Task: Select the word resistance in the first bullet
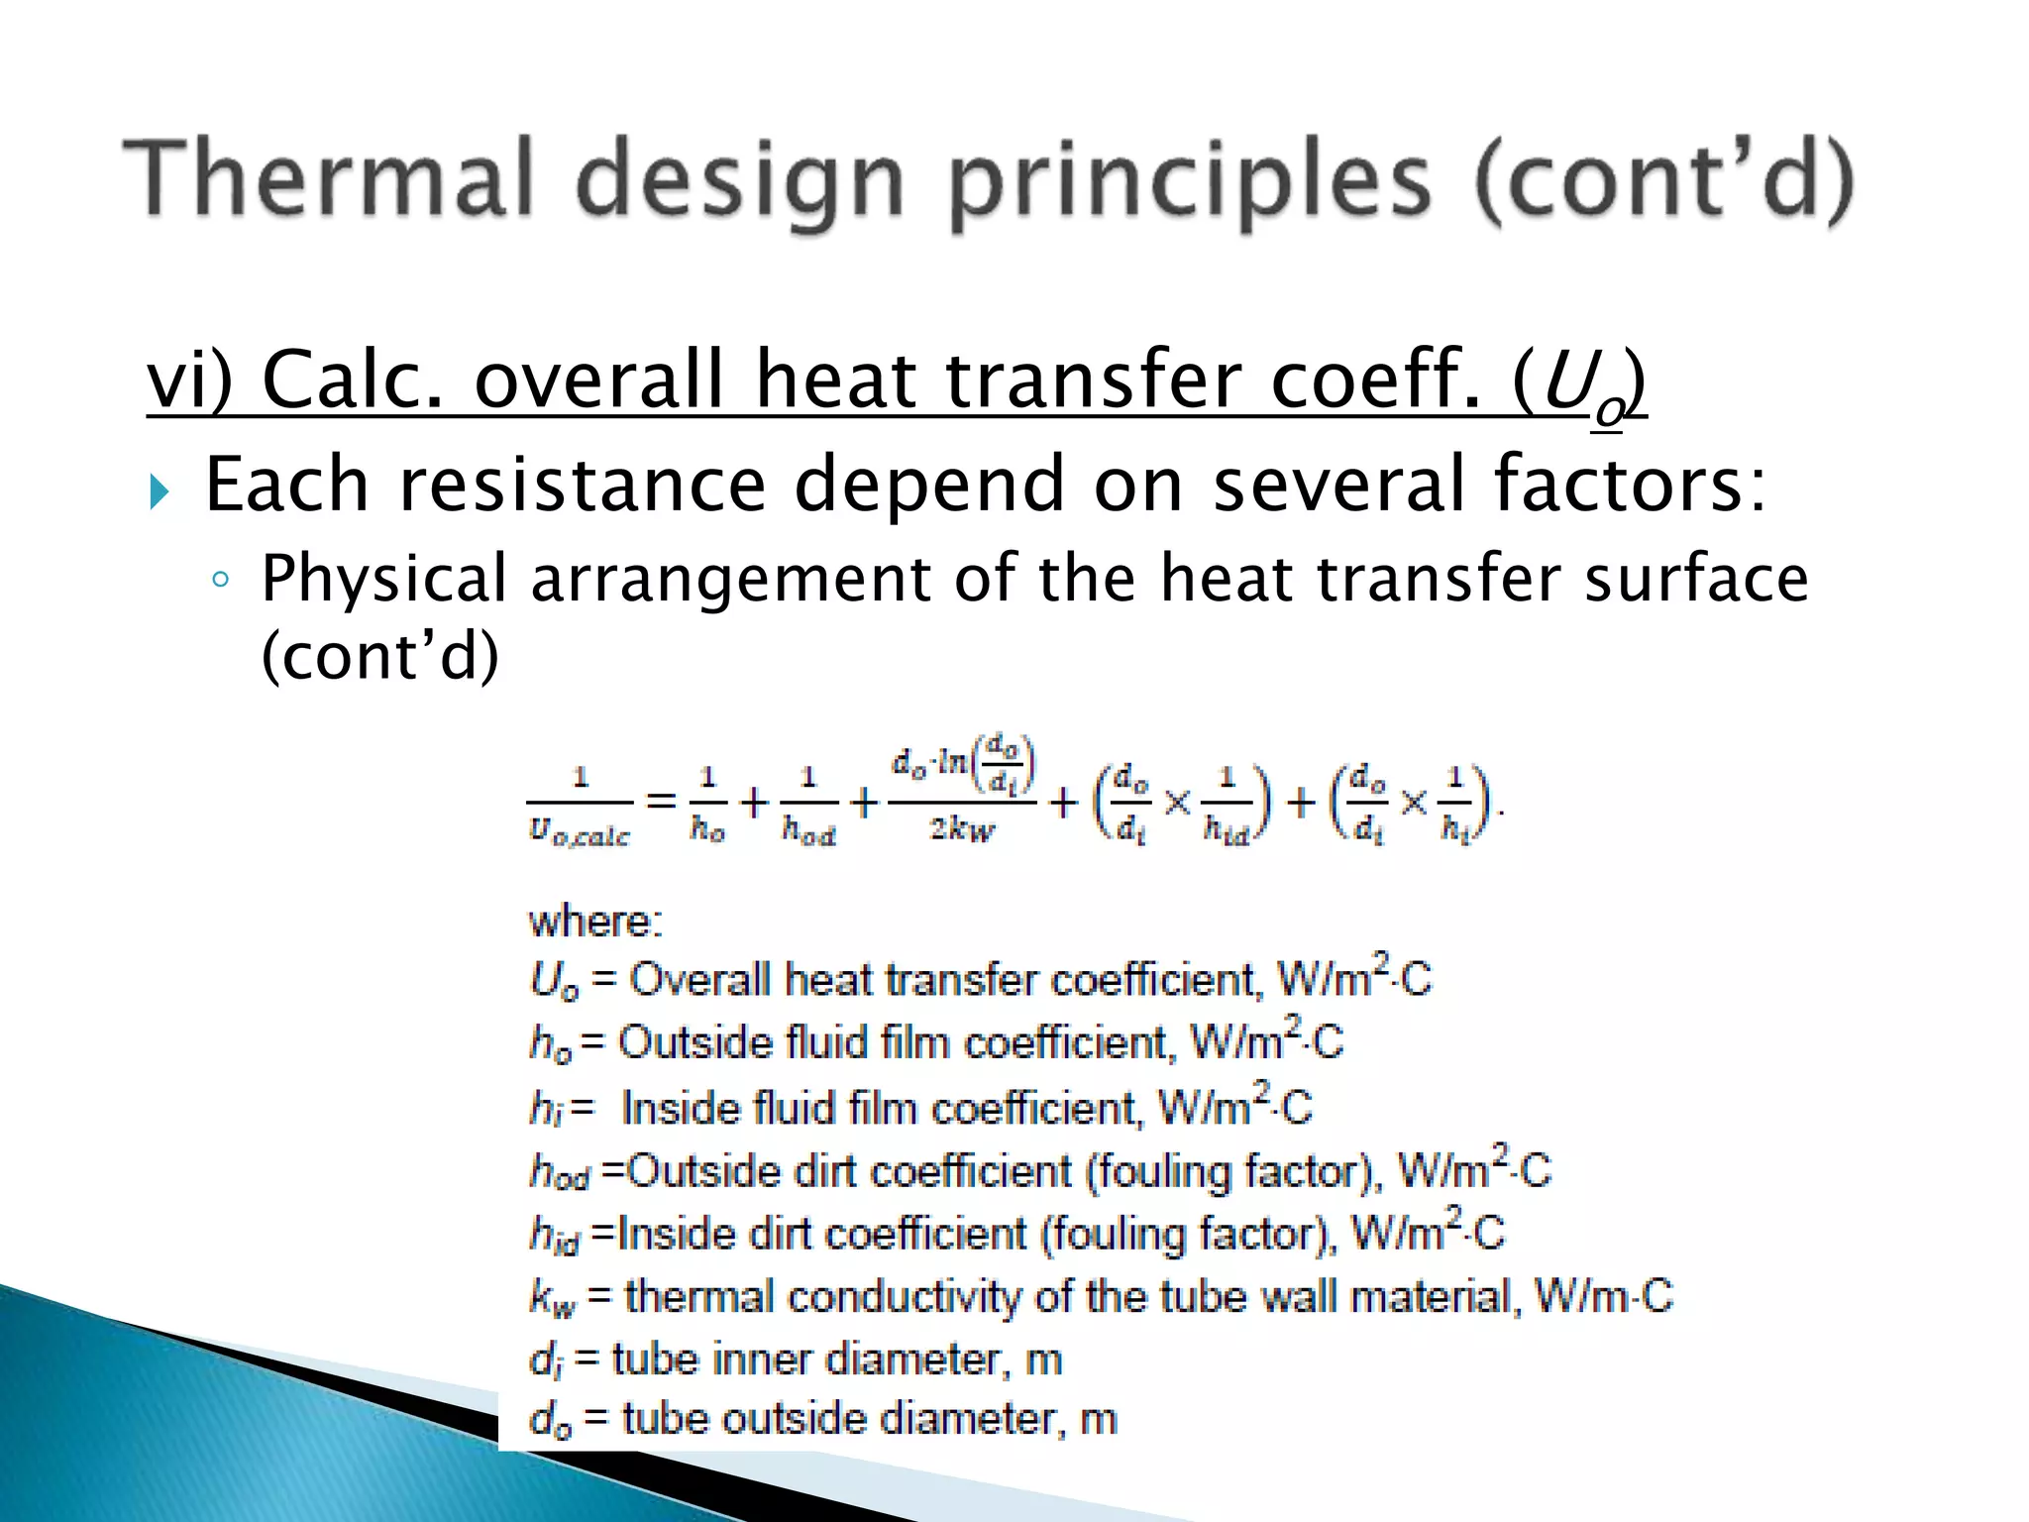click(584, 485)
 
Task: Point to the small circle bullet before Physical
click(221, 580)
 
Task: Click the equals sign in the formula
click(661, 800)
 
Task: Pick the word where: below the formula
click(595, 923)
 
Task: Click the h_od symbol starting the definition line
click(560, 1173)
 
